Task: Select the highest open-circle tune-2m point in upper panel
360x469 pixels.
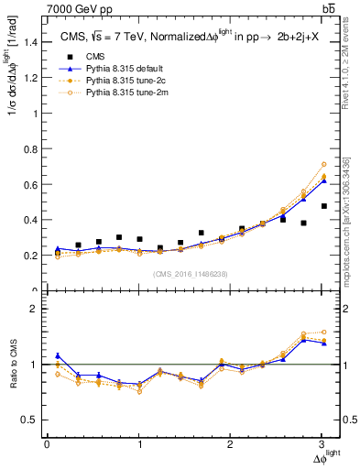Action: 323,165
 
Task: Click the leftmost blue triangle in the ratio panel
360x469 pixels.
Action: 58,355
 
